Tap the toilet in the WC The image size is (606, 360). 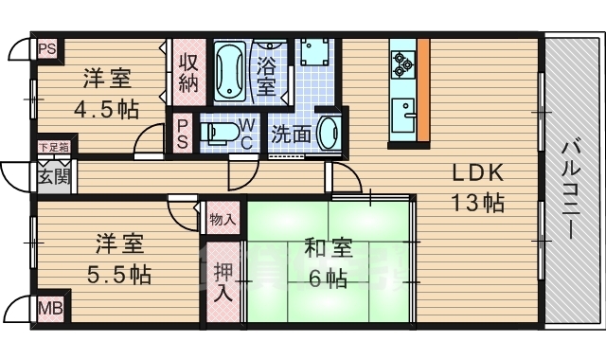219,133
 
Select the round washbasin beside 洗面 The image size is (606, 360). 328,132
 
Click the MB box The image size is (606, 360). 48,308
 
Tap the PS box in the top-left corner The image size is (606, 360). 45,46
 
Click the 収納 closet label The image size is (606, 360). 187,70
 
